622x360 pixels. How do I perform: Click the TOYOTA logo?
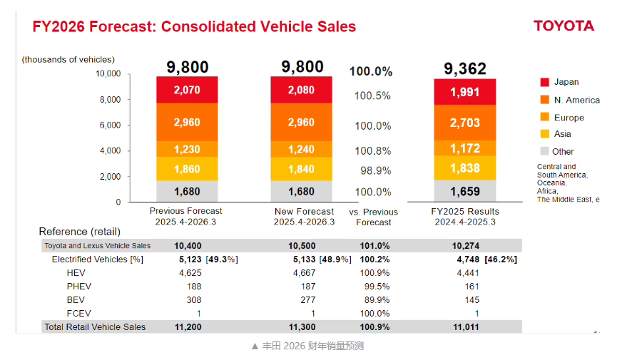click(564, 26)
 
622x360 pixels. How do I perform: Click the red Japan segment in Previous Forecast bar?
click(187, 90)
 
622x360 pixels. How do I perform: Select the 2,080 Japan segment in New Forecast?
click(301, 90)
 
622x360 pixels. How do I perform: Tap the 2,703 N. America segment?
click(464, 123)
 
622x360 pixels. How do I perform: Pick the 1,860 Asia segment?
click(187, 169)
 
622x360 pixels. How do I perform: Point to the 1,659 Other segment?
click(464, 191)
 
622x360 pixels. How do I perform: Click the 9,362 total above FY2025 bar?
click(464, 68)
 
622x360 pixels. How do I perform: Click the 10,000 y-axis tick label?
click(107, 73)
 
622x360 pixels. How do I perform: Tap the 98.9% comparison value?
click(373, 170)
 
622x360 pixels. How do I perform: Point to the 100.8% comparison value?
click(373, 150)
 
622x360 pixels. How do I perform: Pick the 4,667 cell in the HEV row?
click(304, 272)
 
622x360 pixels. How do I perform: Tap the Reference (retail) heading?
click(79, 232)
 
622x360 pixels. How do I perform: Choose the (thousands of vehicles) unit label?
click(68, 60)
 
